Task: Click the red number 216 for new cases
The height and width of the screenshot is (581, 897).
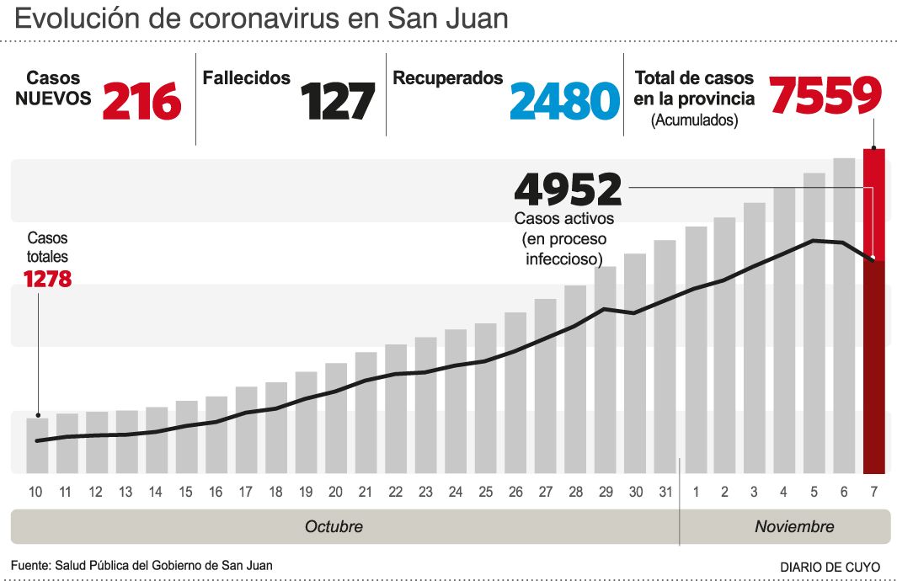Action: pos(141,102)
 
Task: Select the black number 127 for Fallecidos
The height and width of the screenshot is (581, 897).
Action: pos(338,102)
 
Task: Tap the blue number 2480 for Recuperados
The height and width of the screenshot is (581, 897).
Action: pos(564,102)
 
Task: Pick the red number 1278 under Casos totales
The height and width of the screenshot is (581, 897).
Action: pos(47,279)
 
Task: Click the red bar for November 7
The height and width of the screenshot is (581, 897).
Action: pos(874,312)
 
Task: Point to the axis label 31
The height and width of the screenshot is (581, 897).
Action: pos(665,492)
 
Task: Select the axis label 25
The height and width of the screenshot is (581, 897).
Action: pos(485,492)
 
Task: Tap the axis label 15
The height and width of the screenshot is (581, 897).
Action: pos(186,492)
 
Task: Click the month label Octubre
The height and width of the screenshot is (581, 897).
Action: pos(334,527)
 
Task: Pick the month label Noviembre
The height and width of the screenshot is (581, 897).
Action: pos(794,527)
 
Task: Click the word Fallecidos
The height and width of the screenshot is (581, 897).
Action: pos(247,78)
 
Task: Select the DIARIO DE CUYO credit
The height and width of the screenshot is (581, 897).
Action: pos(830,567)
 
